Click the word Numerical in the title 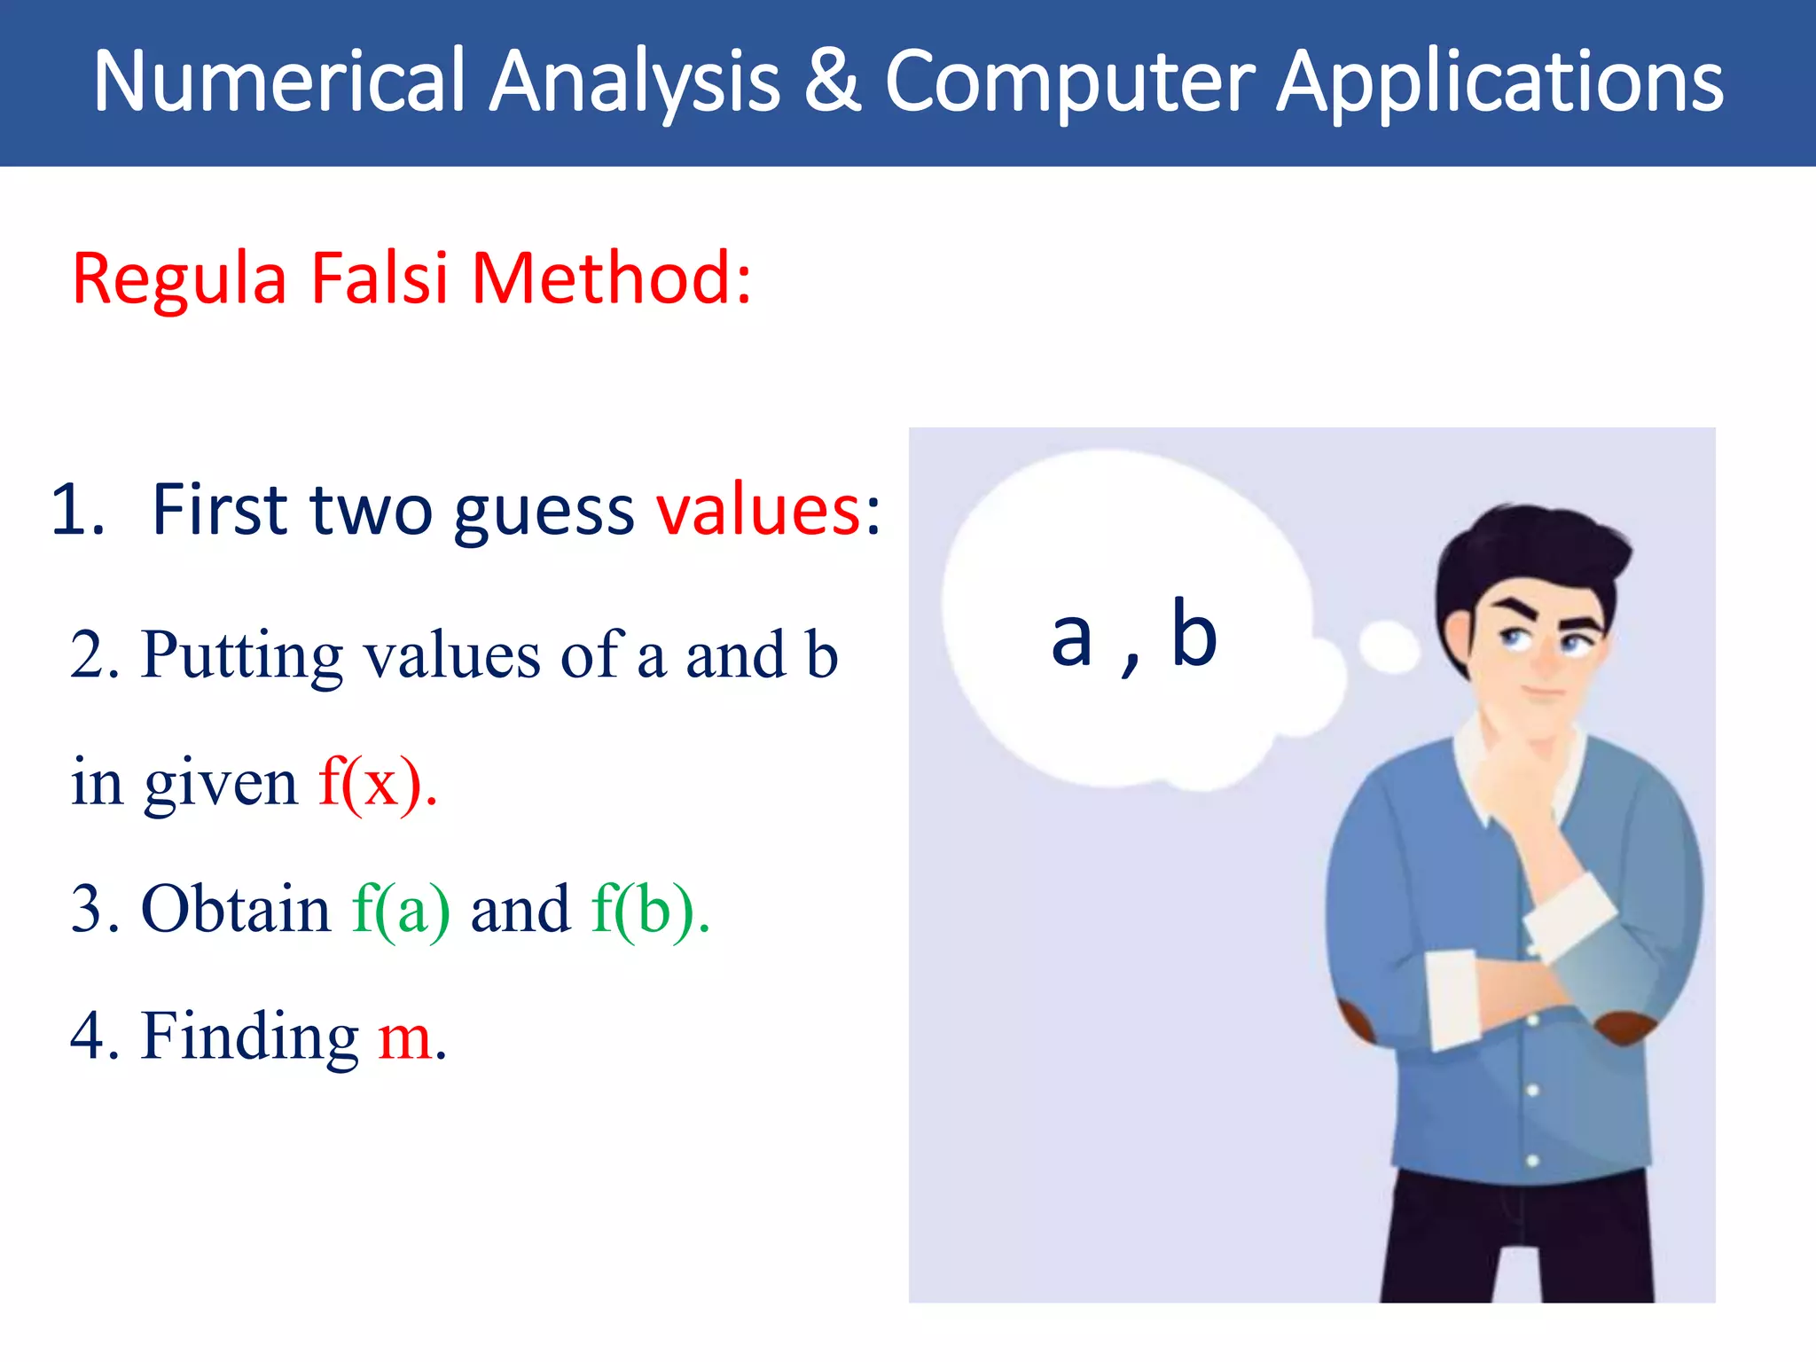point(279,82)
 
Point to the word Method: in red point(611,278)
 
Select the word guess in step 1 point(544,513)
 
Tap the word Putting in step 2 point(241,657)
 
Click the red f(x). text point(378,782)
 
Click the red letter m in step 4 point(404,1037)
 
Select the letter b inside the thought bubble point(1194,633)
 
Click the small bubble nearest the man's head point(1388,646)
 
